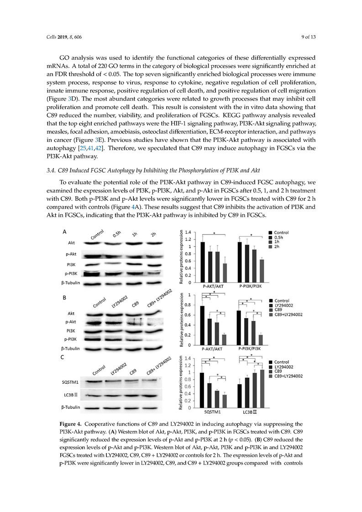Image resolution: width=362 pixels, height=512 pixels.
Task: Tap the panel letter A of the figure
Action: click(63, 232)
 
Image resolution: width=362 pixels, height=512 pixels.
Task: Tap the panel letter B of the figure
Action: click(63, 296)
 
